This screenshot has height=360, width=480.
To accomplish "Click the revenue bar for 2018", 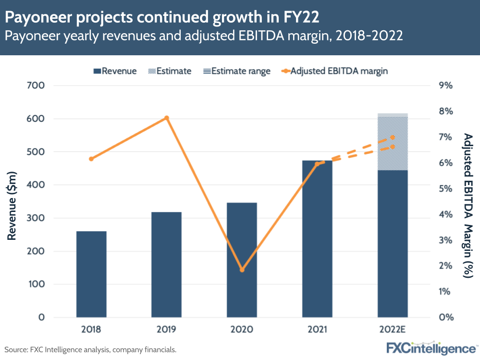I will [91, 274].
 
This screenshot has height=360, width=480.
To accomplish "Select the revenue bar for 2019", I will [166, 264].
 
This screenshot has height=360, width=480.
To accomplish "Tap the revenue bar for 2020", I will [242, 260].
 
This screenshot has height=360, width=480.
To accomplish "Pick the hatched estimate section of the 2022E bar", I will [393, 144].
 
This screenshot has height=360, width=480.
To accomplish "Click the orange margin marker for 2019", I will [167, 118].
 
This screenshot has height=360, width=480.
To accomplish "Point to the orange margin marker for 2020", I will [242, 270].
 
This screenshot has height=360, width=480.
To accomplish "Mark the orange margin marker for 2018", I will [91, 159].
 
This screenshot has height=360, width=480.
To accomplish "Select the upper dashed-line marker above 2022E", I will [393, 137].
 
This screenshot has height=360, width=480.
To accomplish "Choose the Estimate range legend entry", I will [235, 71].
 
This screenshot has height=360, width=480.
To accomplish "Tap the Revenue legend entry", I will [115, 71].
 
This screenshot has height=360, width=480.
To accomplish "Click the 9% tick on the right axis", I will [446, 86].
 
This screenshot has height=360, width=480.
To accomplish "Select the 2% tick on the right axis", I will [446, 266].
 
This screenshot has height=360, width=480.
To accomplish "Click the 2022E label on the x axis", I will [392, 330].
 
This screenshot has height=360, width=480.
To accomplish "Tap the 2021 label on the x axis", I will [317, 330].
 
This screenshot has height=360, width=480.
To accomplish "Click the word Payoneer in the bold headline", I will [38, 18].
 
